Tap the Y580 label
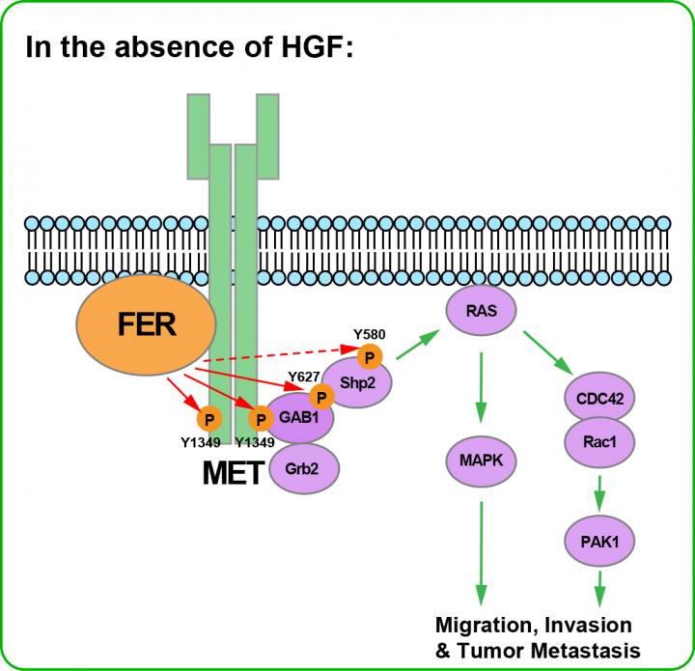point(370,336)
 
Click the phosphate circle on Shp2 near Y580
point(369,358)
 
